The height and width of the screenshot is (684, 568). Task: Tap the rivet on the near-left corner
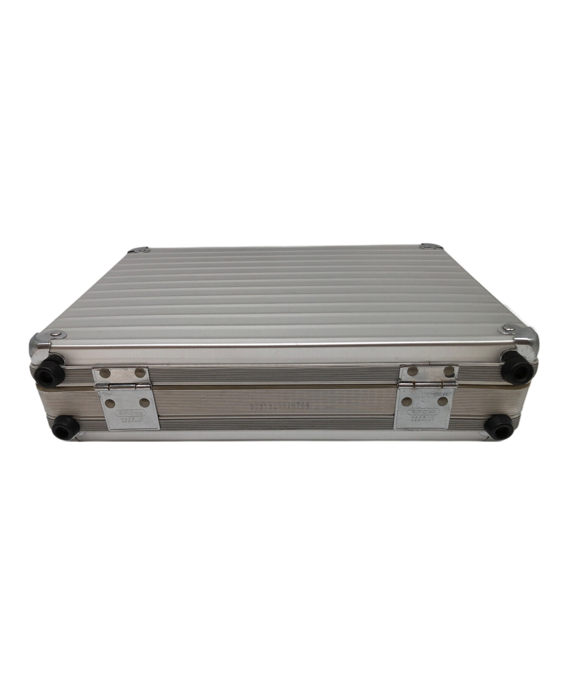[x=57, y=334]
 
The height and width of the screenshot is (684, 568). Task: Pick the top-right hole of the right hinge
[x=448, y=370]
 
